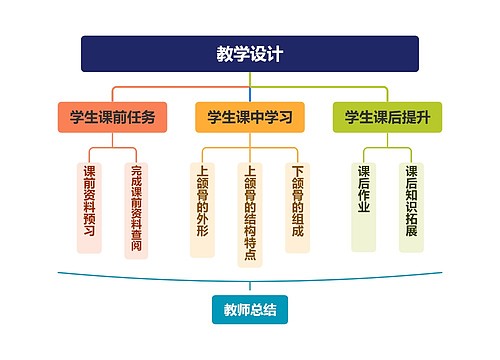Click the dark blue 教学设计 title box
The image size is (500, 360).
[x=250, y=54]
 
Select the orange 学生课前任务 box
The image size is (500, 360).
[x=112, y=117]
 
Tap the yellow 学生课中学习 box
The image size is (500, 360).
[x=250, y=117]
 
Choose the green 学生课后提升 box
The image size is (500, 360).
[x=387, y=117]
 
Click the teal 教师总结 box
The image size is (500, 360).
[x=250, y=311]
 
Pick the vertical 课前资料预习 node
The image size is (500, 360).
[x=89, y=206]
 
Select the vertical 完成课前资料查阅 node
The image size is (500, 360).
[x=136, y=211]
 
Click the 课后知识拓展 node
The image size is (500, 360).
[x=411, y=206]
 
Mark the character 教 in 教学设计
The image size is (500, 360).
[x=226, y=54]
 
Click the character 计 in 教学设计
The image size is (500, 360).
[x=275, y=54]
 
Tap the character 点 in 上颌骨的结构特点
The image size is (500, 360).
[x=250, y=256]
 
